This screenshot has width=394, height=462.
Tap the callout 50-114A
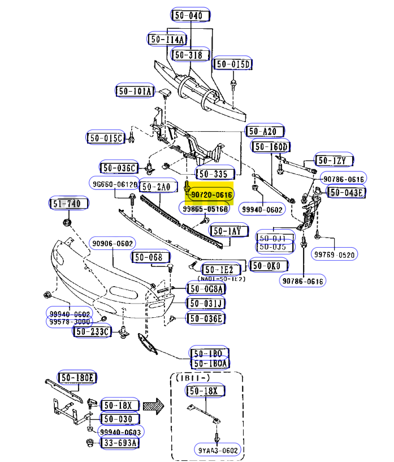click(x=167, y=40)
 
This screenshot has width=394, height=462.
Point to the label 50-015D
click(x=233, y=64)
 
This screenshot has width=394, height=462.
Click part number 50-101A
click(x=135, y=91)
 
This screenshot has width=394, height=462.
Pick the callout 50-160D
click(x=271, y=147)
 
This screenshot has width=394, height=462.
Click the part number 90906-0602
click(x=112, y=243)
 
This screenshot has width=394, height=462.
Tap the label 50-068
click(x=151, y=258)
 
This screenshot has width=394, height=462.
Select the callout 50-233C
click(x=91, y=332)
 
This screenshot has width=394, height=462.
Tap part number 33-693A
click(x=120, y=443)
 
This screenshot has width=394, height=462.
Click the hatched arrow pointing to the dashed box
click(x=152, y=405)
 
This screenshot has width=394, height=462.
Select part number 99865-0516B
click(x=205, y=209)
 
